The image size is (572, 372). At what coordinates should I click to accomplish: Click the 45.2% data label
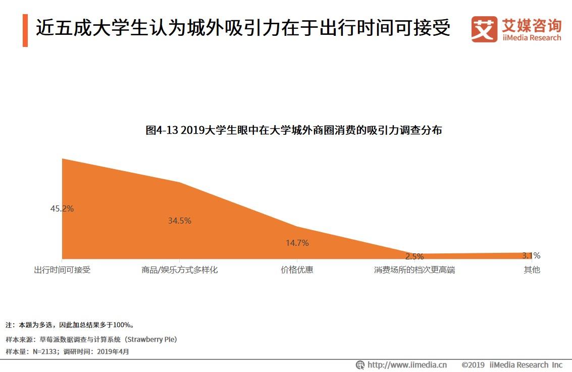click(62, 208)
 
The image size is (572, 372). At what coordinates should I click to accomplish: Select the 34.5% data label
click(179, 221)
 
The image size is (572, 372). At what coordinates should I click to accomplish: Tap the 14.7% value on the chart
click(297, 243)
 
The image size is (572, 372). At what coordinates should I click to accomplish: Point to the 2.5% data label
click(414, 256)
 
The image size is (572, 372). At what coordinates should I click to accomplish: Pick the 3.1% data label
click(531, 255)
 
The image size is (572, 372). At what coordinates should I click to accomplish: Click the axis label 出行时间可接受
click(62, 270)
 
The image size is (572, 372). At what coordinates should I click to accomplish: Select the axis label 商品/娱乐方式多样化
click(179, 270)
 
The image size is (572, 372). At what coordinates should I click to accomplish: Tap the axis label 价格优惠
click(297, 270)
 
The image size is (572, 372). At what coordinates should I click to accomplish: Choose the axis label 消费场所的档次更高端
click(414, 270)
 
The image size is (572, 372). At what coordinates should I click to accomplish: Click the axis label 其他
click(532, 270)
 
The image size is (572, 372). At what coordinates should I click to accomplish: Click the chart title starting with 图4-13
click(293, 130)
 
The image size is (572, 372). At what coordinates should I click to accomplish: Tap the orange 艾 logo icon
click(484, 29)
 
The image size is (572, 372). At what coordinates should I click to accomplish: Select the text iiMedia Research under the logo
click(532, 38)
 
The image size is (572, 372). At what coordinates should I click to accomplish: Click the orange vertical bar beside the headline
click(25, 30)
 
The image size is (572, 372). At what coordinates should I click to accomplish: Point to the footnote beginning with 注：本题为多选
click(70, 325)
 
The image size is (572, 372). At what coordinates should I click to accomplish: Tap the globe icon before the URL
click(360, 365)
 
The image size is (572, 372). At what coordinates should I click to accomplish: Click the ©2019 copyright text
click(473, 365)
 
